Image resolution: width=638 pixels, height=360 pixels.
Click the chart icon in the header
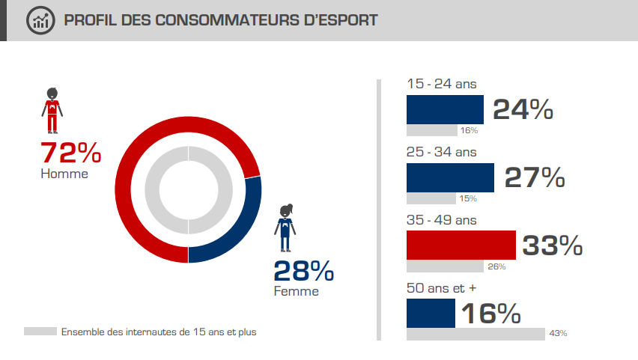click(41, 20)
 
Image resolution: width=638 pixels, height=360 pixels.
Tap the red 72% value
click(70, 153)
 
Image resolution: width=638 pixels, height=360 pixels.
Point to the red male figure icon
click(52, 113)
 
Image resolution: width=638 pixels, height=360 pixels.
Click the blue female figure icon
click(285, 228)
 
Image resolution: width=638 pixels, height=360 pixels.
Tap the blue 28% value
click(303, 271)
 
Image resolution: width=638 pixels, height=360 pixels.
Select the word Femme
click(297, 291)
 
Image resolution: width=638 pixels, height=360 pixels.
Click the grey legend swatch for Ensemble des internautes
click(40, 331)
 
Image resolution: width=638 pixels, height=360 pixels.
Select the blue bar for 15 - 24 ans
click(445, 109)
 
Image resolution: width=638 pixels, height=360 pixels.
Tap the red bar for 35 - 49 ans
click(461, 245)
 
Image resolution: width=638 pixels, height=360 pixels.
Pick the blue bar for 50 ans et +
click(431, 313)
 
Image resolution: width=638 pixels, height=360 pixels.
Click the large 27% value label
click(535, 178)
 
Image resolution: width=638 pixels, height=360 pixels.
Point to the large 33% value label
click(552, 245)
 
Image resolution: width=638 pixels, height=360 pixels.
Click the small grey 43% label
click(558, 333)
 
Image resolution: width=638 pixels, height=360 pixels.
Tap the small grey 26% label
click(497, 266)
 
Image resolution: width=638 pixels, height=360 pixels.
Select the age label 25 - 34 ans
click(441, 152)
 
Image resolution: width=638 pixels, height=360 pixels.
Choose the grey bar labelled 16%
click(431, 130)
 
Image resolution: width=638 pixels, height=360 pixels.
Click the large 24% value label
click(523, 110)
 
